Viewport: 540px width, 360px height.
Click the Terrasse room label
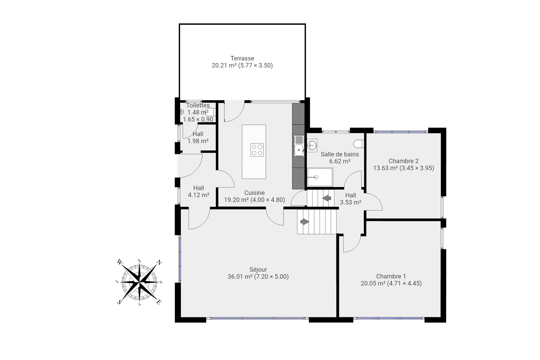(242, 58)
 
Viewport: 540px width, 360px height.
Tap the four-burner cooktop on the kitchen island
(257, 150)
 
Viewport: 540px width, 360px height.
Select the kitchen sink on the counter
(299, 146)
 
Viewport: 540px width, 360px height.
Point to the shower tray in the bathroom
(320, 177)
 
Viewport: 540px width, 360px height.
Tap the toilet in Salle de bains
(359, 144)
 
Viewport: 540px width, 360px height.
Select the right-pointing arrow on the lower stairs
(305, 222)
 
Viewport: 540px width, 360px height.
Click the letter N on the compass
(159, 263)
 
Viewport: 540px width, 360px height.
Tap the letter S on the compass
(119, 302)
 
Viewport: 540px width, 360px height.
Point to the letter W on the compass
(120, 262)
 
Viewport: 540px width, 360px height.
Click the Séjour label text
(258, 270)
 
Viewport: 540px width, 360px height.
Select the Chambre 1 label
(391, 276)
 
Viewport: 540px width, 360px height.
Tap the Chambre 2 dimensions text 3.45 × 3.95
(417, 168)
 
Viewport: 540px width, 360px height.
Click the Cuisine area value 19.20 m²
(236, 200)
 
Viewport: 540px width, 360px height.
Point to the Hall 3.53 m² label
(350, 199)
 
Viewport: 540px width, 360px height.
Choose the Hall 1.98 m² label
(198, 138)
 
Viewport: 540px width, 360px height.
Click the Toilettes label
(198, 105)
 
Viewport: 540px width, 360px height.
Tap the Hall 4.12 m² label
(199, 192)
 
